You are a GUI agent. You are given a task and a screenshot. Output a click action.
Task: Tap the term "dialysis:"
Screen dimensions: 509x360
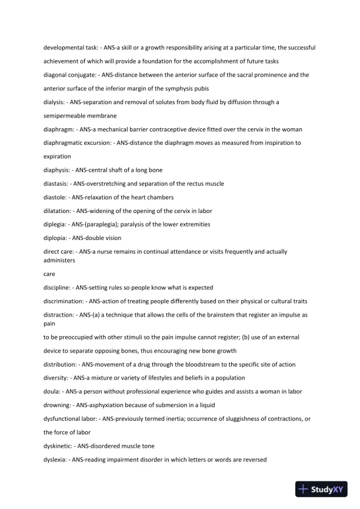(55, 102)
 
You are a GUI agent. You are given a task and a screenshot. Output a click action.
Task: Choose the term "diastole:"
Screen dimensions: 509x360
(56, 197)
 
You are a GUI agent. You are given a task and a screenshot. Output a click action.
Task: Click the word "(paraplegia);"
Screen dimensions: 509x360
(102, 224)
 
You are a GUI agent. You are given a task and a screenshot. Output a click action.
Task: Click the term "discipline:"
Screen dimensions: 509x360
(58, 288)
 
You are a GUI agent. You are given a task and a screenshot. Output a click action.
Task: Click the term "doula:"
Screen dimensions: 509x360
(53, 392)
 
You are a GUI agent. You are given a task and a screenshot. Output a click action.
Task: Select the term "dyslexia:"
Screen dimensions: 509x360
(56, 460)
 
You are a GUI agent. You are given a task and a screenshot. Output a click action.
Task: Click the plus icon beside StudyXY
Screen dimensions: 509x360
(304, 489)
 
